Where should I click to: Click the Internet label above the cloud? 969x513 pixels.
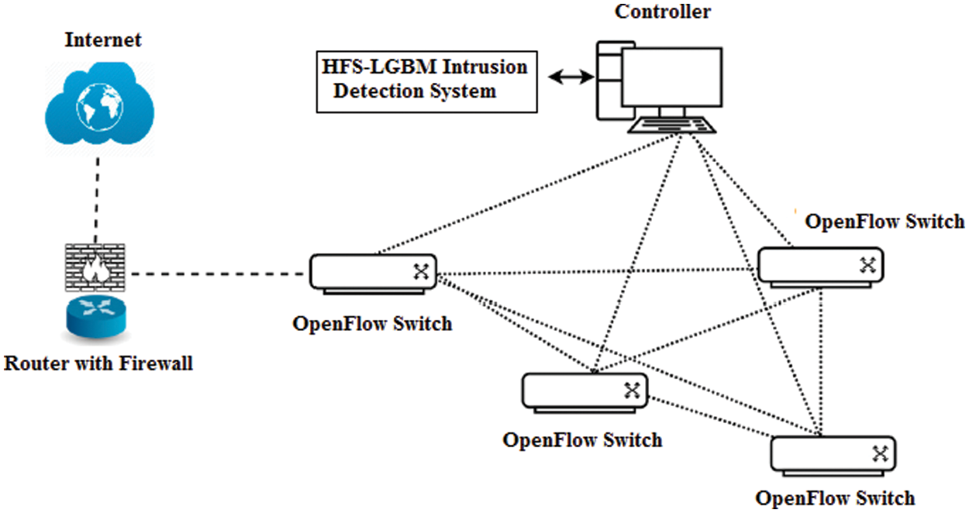[x=103, y=39]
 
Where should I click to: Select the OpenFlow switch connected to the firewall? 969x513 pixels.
[x=373, y=273]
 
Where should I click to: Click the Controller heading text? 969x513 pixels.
[x=662, y=12]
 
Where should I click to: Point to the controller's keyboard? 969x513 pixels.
[x=671, y=126]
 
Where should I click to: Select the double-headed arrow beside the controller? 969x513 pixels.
[x=570, y=77]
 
